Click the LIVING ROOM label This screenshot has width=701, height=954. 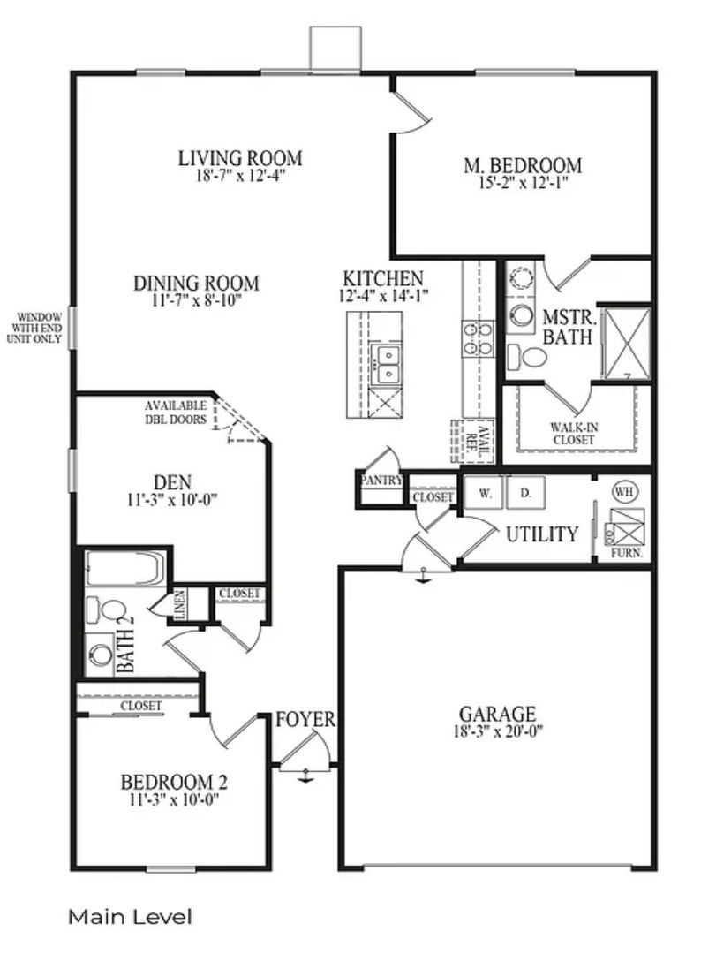240,158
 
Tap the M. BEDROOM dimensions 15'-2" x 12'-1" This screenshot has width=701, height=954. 523,183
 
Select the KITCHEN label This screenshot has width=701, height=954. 383,278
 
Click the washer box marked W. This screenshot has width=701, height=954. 485,493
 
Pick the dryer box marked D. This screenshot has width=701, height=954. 526,493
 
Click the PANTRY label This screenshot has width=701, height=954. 381,481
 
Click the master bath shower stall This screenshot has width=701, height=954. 626,344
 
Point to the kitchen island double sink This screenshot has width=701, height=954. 386,364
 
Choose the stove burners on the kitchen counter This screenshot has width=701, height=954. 478,339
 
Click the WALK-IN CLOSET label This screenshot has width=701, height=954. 574,433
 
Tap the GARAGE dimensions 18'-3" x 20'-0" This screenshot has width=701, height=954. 498,731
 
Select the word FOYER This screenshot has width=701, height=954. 305,719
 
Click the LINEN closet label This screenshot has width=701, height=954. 181,605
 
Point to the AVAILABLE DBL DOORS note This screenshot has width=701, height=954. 176,412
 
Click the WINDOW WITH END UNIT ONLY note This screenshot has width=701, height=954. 34,328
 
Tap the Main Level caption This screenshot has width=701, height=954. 130,917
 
